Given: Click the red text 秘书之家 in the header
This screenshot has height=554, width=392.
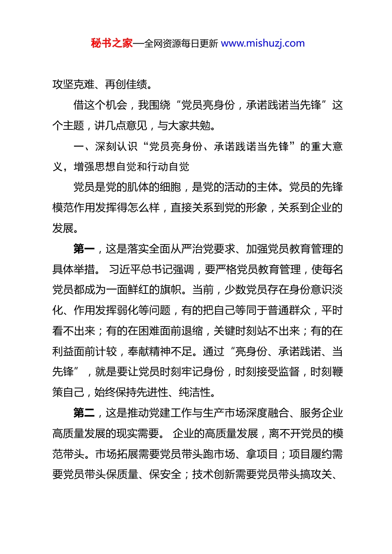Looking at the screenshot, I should point(112,43).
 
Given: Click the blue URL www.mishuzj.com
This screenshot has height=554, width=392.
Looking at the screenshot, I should point(263,43).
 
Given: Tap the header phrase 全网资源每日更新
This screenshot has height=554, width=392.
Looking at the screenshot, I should point(181,44).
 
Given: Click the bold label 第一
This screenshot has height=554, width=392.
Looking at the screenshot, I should point(84,249).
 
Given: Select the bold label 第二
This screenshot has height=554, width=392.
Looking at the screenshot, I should point(84,413).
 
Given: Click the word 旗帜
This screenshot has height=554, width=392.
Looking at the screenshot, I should point(170,290).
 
